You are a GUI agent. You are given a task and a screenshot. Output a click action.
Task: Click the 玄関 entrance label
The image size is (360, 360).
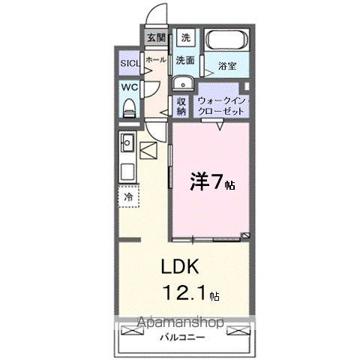[155, 36]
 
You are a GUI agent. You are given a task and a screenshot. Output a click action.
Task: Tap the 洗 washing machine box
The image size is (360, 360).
[186, 37]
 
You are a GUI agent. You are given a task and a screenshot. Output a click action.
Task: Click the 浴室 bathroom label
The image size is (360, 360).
[227, 66]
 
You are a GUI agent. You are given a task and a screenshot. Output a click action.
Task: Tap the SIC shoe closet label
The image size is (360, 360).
[130, 62]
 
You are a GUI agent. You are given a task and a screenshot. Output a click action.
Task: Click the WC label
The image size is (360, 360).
[129, 87]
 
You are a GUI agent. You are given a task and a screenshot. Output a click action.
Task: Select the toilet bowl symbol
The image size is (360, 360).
[128, 107]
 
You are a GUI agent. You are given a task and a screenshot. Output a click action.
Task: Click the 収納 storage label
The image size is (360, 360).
[181, 106]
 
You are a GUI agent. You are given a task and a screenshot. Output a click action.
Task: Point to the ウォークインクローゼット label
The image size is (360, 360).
[222, 106]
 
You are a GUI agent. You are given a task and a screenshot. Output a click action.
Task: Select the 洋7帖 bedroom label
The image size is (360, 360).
[211, 182]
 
